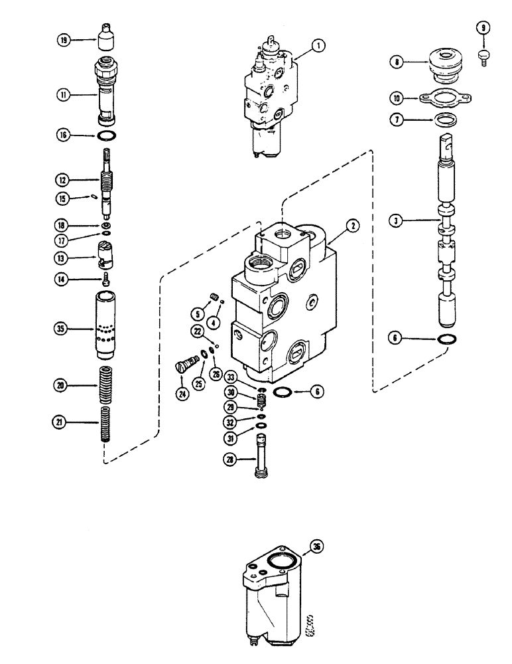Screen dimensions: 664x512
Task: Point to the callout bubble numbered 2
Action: click(352, 226)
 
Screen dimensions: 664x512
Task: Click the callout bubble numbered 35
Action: click(63, 327)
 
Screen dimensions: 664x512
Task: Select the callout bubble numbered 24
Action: click(181, 394)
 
